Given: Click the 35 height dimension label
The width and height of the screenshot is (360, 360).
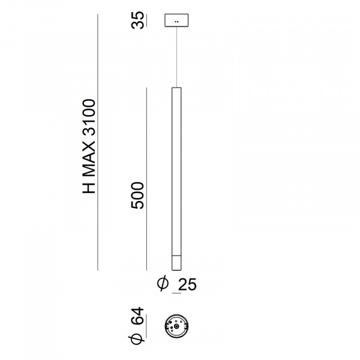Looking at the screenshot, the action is point(138,20).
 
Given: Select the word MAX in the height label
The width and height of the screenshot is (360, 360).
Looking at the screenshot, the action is point(89,160).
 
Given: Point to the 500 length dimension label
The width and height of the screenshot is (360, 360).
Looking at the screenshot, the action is point(137,196).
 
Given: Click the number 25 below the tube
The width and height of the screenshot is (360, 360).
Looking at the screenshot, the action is point(187,284).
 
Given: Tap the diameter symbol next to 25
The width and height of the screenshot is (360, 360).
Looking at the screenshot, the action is point(163,284).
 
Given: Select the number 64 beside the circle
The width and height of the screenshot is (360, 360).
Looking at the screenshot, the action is point(137,316).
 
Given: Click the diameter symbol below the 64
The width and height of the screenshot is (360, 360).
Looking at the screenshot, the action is point(137,338).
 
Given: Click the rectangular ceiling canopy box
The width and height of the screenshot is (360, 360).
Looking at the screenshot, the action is point(176,20).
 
